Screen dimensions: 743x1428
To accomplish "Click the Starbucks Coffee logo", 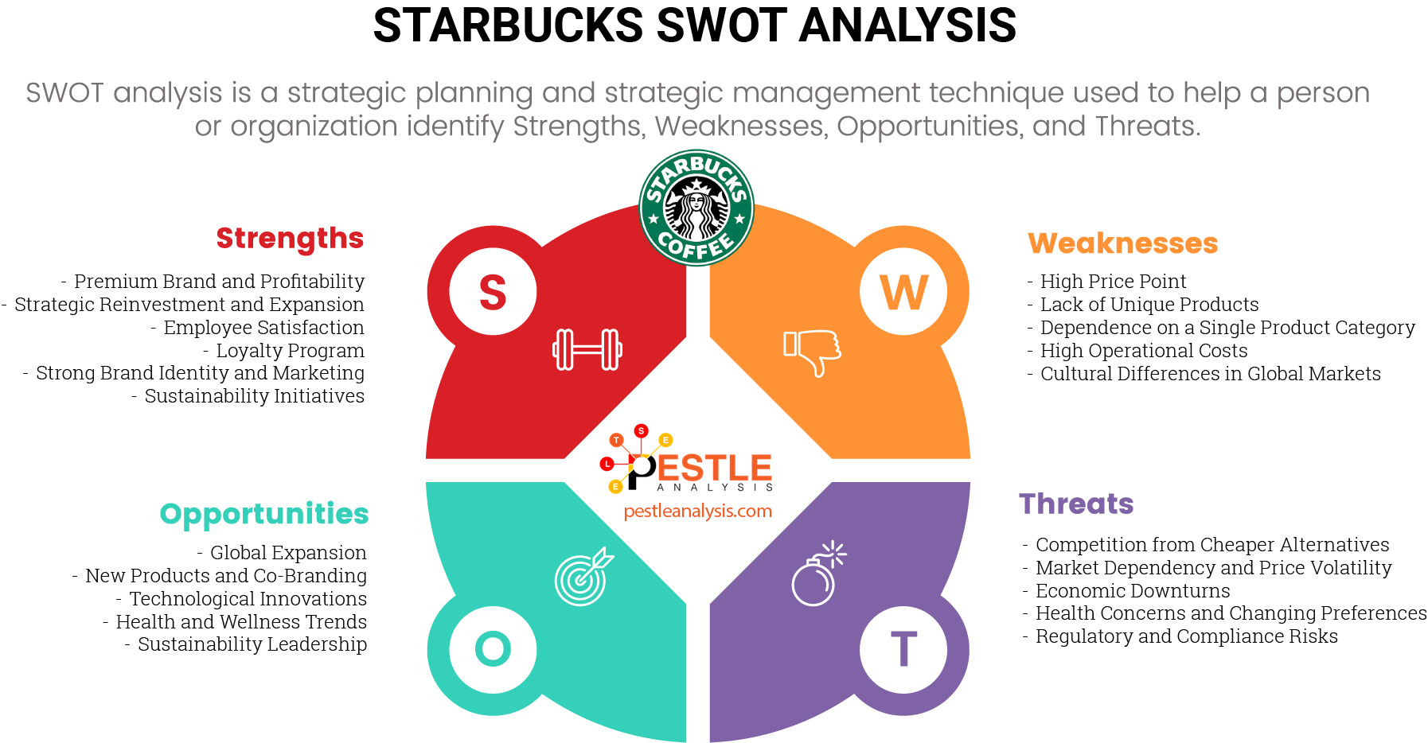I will click(696, 208).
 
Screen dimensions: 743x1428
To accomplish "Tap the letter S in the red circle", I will click(493, 292).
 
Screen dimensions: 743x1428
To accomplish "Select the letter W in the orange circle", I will click(903, 292).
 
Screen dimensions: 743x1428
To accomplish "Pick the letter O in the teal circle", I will click(493, 649).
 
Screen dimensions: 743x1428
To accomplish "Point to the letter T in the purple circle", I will click(903, 649).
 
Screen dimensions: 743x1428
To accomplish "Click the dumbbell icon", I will click(587, 349).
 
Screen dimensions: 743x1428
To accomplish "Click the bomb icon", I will click(817, 574).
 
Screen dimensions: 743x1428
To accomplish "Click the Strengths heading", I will click(290, 239).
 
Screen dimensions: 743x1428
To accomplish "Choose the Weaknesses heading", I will click(1122, 243).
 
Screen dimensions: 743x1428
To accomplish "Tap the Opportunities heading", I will click(264, 515).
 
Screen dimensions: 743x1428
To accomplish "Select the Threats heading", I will click(1076, 504).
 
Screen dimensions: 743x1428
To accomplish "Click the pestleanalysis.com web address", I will click(697, 512).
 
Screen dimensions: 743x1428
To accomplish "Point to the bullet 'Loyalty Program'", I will click(290, 351).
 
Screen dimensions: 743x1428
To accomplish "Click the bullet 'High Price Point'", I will click(1113, 282).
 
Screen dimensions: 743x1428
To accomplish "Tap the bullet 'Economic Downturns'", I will click(1132, 591).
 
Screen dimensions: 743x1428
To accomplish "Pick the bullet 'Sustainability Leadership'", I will click(252, 644).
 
